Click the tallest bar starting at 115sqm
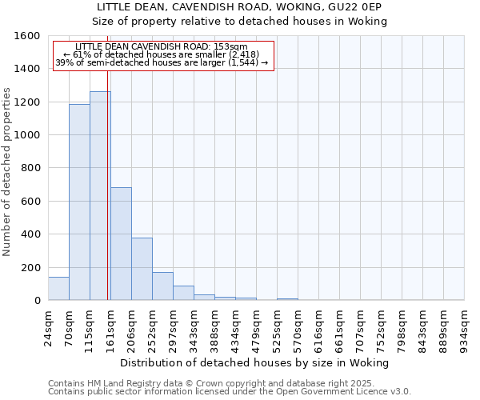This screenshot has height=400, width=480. (x=100, y=196)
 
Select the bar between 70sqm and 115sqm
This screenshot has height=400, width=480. (x=79, y=202)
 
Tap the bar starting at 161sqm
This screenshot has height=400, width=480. (x=121, y=244)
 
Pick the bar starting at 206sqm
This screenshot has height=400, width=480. (x=142, y=269)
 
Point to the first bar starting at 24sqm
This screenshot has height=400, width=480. (x=58, y=289)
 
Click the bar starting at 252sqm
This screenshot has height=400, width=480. (x=162, y=286)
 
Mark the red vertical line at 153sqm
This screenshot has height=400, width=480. (x=108, y=200)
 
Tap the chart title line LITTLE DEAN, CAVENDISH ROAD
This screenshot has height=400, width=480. (x=240, y=7)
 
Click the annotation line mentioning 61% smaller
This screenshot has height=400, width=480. (x=163, y=54)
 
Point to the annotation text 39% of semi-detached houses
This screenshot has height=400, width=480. (x=163, y=62)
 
